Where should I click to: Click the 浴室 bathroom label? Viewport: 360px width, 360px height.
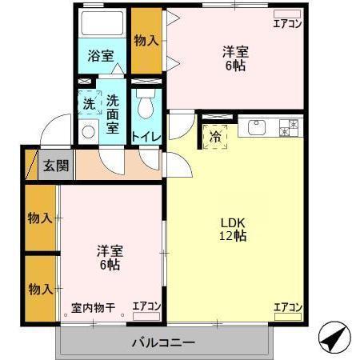[x=100, y=57]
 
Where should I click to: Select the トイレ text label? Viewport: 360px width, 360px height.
[x=146, y=137]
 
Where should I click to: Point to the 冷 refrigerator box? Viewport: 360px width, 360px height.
[x=215, y=136]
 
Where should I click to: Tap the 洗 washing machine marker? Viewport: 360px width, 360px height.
[x=89, y=103]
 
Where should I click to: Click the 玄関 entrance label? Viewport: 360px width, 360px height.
[x=56, y=166]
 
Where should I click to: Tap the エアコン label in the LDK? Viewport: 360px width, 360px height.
[x=287, y=307]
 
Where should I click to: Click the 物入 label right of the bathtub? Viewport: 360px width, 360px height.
[x=146, y=41]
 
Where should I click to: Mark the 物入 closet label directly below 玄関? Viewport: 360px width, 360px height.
[x=39, y=218]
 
